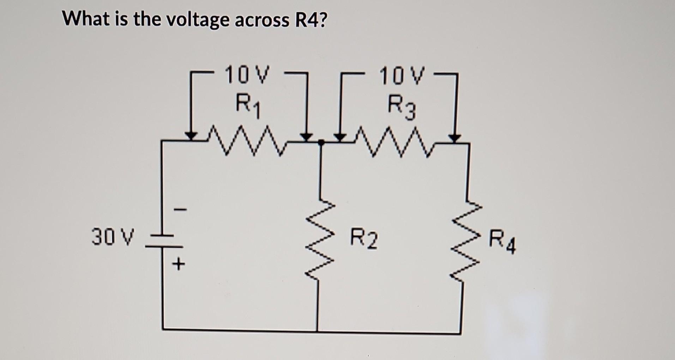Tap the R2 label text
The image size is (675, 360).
pos(364,239)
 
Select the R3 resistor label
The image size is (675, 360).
pos(402,107)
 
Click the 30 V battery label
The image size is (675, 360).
pos(113,237)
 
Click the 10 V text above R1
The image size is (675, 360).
pos(247,75)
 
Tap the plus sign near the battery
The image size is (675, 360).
pos(180,264)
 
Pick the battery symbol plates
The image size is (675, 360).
pos(163,240)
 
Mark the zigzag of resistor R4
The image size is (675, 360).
pos(468,239)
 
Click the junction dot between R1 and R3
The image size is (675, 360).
pos(320,142)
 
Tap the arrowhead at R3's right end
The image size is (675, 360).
pos(455,138)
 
